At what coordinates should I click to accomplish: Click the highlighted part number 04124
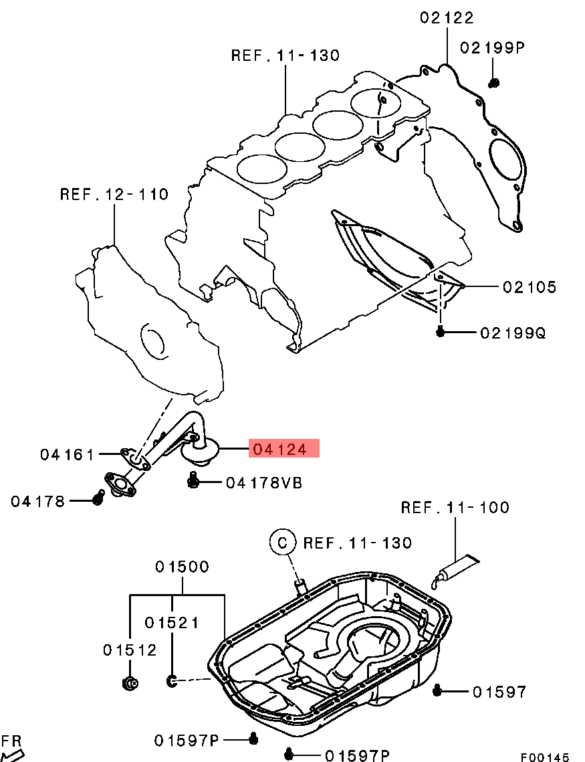click(283, 449)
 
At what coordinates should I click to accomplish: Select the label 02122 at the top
click(447, 18)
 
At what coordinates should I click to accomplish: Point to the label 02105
click(529, 287)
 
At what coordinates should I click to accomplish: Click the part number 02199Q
click(513, 332)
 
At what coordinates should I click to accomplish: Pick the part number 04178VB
click(263, 482)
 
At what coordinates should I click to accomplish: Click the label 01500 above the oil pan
click(182, 567)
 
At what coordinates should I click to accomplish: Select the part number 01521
click(172, 622)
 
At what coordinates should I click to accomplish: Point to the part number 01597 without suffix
click(499, 692)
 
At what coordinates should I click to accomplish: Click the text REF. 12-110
click(114, 195)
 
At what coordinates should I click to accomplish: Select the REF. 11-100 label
click(455, 508)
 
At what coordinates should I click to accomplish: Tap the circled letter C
click(282, 542)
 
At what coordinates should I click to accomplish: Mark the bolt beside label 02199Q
click(441, 331)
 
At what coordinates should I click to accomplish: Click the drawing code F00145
click(545, 757)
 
